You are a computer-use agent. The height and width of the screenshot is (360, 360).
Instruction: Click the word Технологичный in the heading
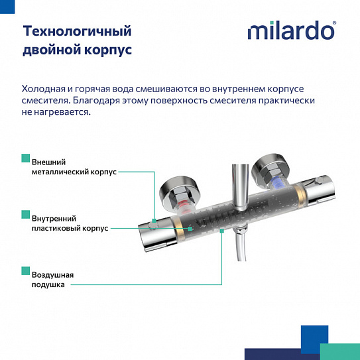tap(77, 31)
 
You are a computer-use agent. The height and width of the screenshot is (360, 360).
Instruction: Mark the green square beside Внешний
tap(25, 157)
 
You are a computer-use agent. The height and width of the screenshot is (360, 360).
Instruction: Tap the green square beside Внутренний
tap(25, 213)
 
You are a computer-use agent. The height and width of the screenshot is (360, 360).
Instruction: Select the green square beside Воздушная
tap(25, 270)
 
